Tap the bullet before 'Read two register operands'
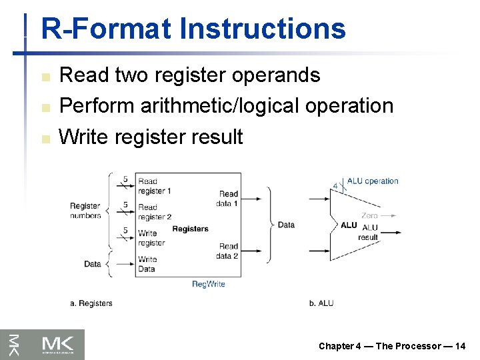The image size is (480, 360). (x=45, y=77)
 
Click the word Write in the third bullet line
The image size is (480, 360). (x=84, y=137)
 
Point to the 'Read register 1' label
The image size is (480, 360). (x=155, y=186)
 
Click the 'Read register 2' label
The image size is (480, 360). (x=155, y=212)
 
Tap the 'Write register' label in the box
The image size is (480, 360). (x=151, y=238)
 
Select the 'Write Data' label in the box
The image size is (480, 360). (x=147, y=264)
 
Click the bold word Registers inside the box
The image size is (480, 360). (x=190, y=229)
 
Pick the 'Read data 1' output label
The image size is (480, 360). (x=227, y=199)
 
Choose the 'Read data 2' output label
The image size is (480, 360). (x=227, y=251)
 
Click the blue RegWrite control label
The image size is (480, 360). (x=208, y=284)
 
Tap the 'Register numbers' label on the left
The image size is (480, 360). (x=85, y=211)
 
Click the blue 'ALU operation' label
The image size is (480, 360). (x=373, y=181)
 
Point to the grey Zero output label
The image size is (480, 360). (x=369, y=215)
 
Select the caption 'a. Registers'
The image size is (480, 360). (x=91, y=303)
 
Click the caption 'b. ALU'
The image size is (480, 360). (x=321, y=303)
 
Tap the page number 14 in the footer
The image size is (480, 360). (x=460, y=346)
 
